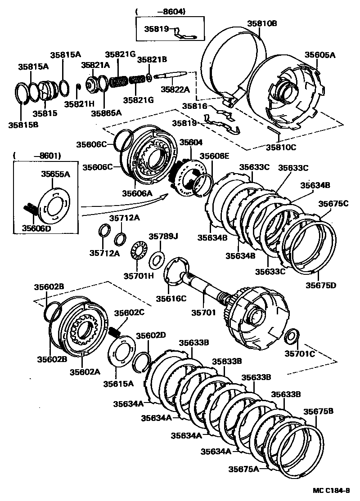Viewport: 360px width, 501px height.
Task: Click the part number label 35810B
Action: [261, 23]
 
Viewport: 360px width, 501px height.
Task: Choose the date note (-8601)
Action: [37, 156]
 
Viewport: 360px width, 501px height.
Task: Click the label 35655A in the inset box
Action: [56, 174]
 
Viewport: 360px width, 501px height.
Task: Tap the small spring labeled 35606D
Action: [30, 209]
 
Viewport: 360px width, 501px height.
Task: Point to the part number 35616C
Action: [171, 298]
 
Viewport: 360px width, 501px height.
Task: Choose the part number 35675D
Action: [321, 285]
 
